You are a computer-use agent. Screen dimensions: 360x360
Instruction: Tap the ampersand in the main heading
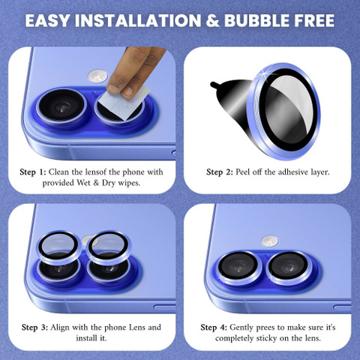(213, 20)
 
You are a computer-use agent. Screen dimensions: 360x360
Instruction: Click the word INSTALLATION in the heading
(138, 20)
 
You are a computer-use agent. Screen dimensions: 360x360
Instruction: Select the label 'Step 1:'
(33, 172)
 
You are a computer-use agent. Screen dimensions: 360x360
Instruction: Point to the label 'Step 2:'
(220, 172)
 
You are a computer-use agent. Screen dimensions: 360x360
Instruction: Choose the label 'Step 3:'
(34, 328)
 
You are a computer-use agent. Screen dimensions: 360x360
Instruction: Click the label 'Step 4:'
(214, 328)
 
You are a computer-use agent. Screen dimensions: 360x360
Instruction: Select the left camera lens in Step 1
(61, 106)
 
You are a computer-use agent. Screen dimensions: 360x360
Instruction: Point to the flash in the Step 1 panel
(97, 76)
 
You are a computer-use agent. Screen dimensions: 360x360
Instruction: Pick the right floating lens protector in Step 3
(109, 248)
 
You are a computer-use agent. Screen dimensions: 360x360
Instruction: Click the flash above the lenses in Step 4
(269, 241)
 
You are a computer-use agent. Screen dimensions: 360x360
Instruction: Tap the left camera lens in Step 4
(238, 268)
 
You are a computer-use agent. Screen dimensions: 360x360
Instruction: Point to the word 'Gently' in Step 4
(241, 328)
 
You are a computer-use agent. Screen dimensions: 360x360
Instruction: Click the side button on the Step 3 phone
(164, 307)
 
